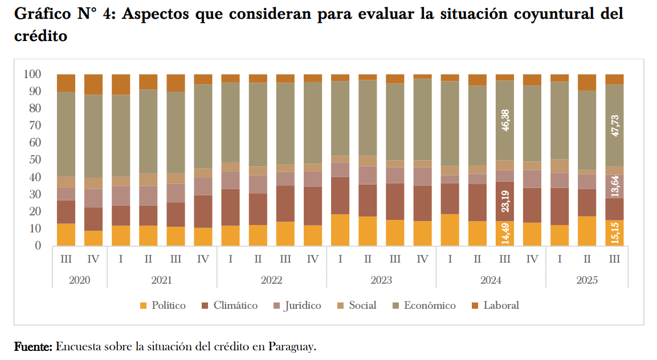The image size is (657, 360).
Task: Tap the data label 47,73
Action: coord(614,125)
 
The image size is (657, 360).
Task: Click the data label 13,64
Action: coord(614,186)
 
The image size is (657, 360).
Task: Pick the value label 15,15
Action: coord(614,233)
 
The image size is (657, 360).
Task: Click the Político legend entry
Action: coord(162,305)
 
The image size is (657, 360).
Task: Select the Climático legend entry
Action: coord(229,305)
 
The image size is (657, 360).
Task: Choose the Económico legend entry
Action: coord(423,305)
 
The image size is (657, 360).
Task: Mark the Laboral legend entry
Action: coord(495,305)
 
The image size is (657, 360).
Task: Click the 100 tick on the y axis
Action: coord(32,74)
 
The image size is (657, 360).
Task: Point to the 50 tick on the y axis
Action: coord(35,160)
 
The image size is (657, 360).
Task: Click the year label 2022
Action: coord(271,280)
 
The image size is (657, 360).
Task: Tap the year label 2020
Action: coord(79,280)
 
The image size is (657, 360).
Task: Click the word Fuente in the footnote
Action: coord(33,346)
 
